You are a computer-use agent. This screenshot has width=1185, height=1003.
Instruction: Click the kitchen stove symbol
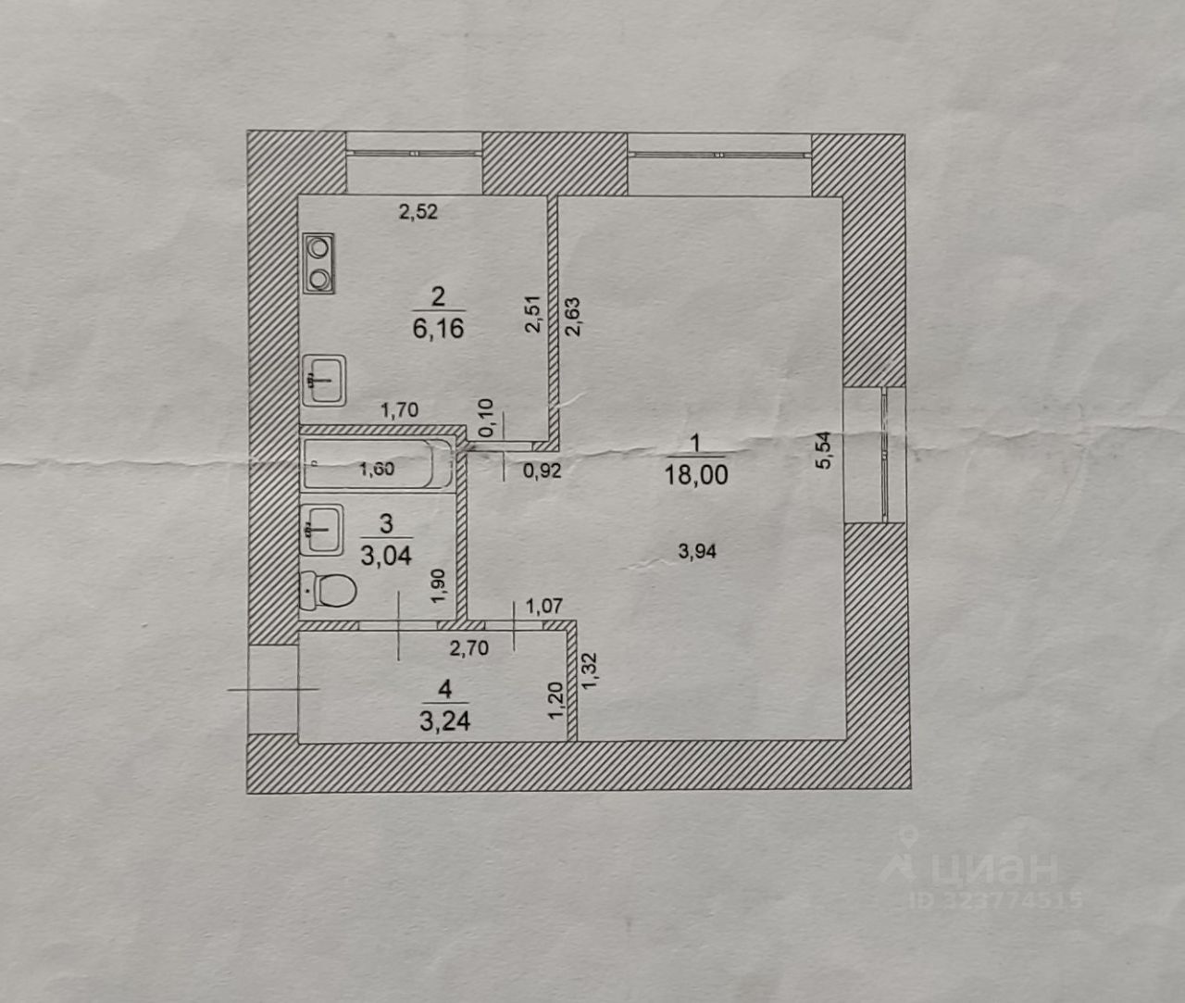click(318, 264)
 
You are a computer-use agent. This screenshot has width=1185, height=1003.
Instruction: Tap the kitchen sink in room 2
click(323, 381)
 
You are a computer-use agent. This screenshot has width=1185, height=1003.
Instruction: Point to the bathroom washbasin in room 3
click(321, 530)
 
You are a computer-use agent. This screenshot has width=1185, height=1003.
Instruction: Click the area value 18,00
click(695, 476)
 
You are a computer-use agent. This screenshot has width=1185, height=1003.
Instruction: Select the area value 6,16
click(438, 329)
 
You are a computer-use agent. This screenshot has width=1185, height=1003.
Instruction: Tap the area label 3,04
click(386, 556)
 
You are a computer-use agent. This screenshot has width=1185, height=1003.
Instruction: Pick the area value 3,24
click(444, 721)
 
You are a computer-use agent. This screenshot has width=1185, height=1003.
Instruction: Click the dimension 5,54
click(824, 450)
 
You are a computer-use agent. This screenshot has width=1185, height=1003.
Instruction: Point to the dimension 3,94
click(697, 552)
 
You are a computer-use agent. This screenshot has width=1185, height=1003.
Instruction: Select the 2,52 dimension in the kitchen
click(418, 212)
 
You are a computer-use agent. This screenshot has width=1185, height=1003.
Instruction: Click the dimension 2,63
click(572, 315)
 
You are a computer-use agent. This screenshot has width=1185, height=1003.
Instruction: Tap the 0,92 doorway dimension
click(542, 470)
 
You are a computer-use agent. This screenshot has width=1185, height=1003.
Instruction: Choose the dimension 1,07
click(544, 608)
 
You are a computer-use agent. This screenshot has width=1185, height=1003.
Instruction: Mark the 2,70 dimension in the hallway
click(468, 648)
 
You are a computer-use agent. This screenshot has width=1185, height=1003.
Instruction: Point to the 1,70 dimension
click(400, 409)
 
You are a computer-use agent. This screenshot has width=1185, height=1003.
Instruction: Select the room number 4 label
click(445, 689)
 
